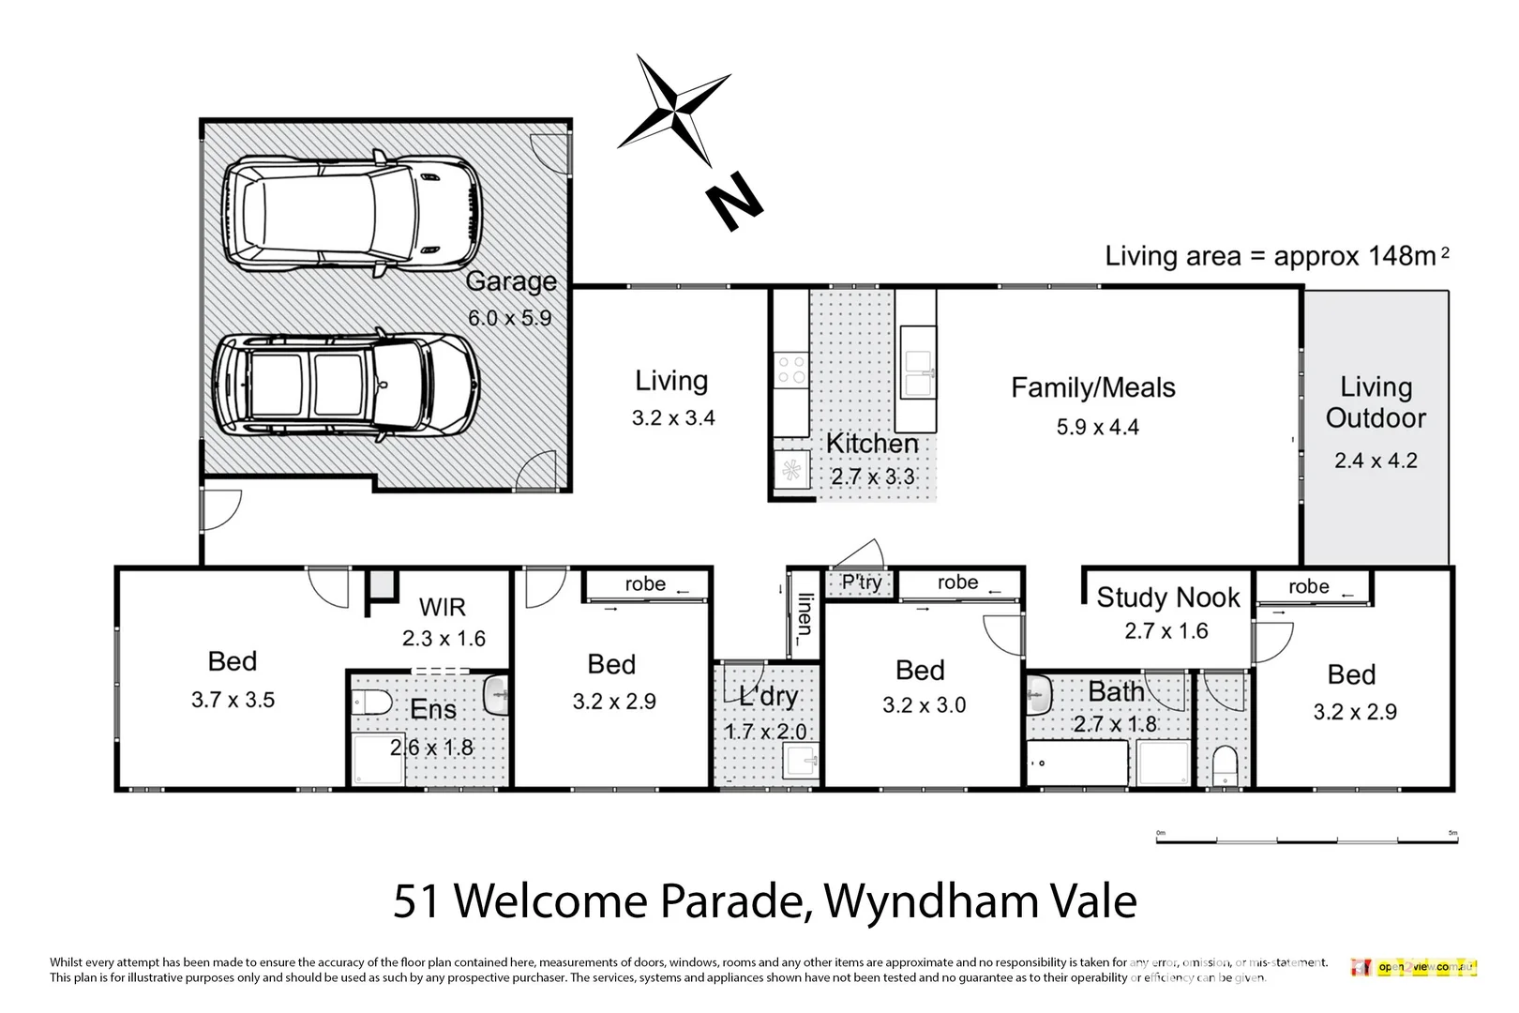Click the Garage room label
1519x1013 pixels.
tap(511, 281)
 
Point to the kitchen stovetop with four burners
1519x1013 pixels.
tap(790, 369)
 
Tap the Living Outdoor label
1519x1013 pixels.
tap(1375, 402)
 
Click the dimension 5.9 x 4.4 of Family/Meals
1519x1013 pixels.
tap(1097, 428)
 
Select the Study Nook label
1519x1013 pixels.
tap(1167, 597)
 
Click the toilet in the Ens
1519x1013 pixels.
tap(372, 701)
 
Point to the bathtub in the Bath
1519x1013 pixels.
tap(1076, 764)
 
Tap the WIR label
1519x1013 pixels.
tap(442, 607)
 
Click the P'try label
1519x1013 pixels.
tap(861, 582)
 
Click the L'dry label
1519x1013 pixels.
tap(768, 696)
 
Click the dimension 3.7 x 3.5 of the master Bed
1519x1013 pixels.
tap(233, 700)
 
